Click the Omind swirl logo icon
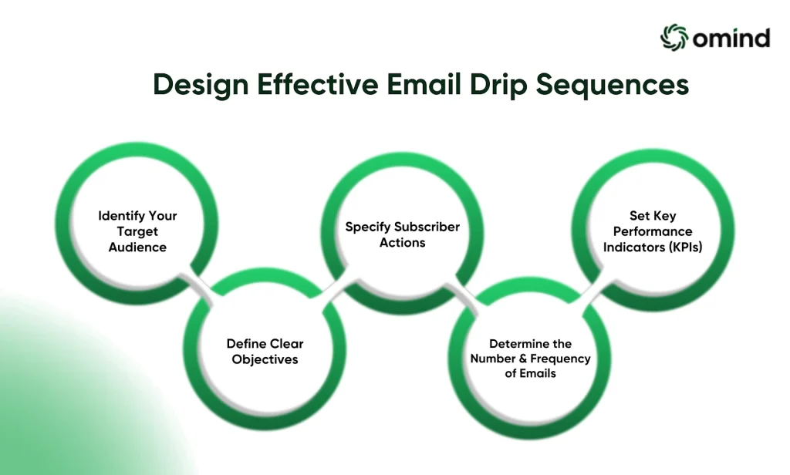674,37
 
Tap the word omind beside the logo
731,39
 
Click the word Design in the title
201,85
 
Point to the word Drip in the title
499,85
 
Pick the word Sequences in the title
612,85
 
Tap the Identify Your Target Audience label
137,231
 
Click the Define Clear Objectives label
265,351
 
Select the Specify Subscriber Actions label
403,234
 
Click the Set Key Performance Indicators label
653,231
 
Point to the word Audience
137,247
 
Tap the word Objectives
265,359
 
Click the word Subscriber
427,227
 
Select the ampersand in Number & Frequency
522,359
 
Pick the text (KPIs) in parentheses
686,247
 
